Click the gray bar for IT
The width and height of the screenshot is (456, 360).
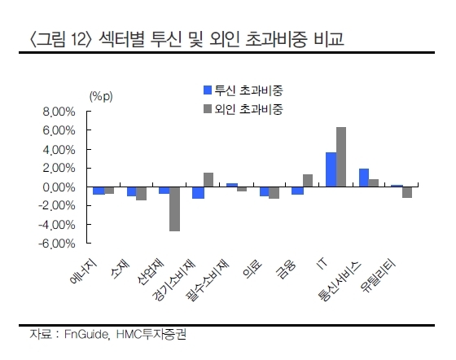pos(341,156)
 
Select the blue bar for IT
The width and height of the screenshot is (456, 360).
pos(331,169)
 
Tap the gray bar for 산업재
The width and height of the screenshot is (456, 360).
pos(174,209)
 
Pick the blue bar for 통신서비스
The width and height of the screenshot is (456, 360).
pos(364,178)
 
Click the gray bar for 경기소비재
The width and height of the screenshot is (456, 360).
pos(208,180)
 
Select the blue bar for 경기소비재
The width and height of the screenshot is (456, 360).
pos(198,193)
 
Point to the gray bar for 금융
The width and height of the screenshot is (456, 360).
pos(308,181)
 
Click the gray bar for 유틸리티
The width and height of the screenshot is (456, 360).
pos(407,192)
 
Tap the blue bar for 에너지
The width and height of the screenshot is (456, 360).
pos(99,191)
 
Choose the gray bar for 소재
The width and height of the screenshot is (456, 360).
pos(142,194)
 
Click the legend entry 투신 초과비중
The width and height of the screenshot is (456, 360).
pos(243,90)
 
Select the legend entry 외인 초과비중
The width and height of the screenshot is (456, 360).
pos(243,109)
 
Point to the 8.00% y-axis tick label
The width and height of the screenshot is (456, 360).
pos(59,112)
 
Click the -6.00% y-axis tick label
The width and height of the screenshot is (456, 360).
pos(57,244)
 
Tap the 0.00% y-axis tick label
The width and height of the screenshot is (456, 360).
pos(59,187)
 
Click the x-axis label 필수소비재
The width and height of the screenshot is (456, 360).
pos(208,280)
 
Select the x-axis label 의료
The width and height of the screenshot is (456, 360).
pos(252,269)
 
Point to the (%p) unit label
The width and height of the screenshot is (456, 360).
pos(101,96)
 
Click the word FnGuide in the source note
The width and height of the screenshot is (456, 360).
pos(86,335)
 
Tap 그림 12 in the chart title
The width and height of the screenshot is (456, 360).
pos(59,40)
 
